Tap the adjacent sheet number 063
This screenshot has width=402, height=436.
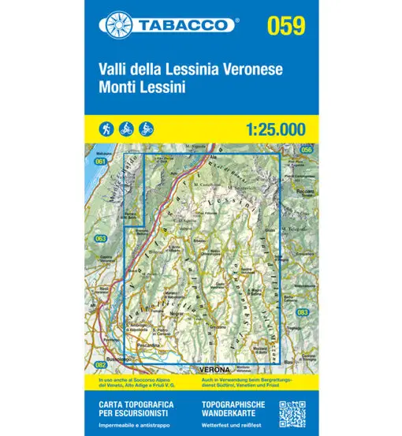coord(100,237)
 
